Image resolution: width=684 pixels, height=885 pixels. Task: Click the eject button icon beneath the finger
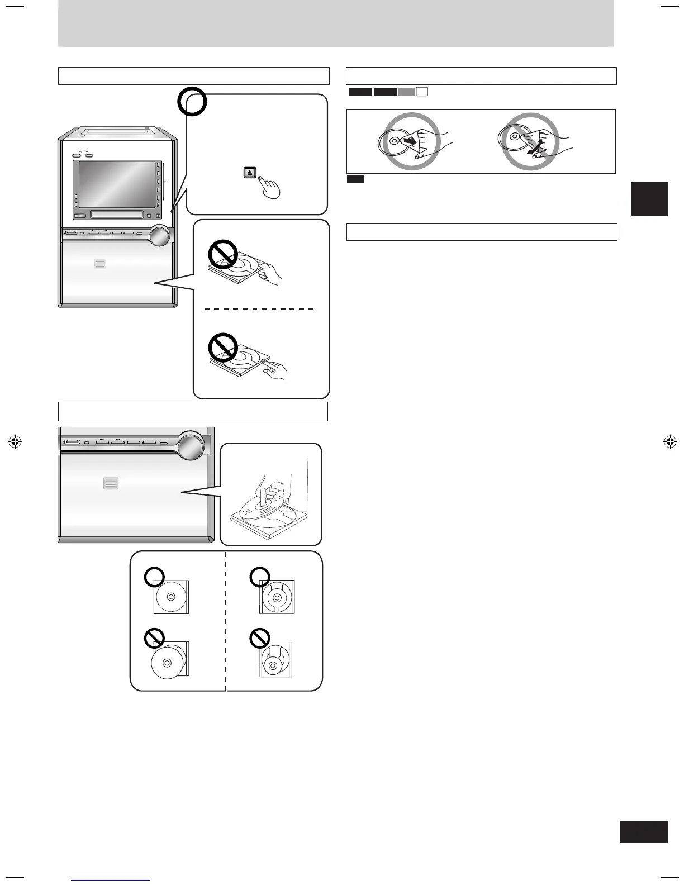pos(249,173)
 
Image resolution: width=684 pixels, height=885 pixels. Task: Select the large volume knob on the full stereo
pos(159,235)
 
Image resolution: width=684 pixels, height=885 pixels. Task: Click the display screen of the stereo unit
pos(116,183)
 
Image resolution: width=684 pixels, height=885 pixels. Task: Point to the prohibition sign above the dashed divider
pos(224,255)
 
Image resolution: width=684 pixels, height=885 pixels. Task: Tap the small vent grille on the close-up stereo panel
pos(111,483)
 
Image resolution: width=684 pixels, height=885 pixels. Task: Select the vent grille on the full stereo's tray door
pos(100,263)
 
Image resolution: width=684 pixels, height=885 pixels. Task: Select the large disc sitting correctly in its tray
pos(170,597)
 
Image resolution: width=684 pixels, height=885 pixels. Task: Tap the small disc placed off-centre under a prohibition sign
pos(273,665)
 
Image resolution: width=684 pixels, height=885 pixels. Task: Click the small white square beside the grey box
pos(422,92)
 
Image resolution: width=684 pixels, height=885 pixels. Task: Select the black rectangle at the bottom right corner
pos(644,831)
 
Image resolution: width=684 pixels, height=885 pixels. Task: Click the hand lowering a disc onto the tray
pos(273,492)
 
